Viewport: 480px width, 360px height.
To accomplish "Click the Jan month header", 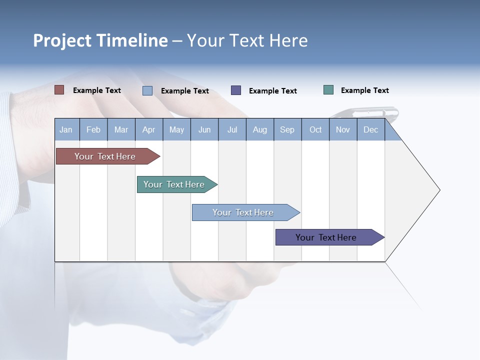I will click(x=66, y=129).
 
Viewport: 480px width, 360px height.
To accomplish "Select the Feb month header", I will click(x=93, y=129).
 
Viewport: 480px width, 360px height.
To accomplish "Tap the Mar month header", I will click(x=121, y=129).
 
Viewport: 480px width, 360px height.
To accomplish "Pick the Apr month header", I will click(x=149, y=129).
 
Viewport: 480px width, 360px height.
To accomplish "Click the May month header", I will click(x=176, y=129).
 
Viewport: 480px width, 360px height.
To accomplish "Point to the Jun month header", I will click(x=204, y=129).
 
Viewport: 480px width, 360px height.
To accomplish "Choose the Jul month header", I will click(x=232, y=129).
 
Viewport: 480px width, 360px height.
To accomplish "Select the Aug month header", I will click(x=260, y=129).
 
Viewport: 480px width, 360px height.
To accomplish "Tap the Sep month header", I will click(x=287, y=129).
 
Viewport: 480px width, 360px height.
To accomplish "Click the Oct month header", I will click(x=315, y=129).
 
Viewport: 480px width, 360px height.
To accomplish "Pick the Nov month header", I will click(x=343, y=129).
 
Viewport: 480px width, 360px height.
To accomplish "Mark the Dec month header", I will click(x=371, y=129).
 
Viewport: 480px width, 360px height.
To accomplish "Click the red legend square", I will click(x=59, y=90).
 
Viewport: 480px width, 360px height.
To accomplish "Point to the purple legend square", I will click(x=236, y=90).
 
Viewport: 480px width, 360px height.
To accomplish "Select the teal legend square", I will click(x=328, y=90).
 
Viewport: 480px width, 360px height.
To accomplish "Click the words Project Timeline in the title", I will click(x=100, y=40).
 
